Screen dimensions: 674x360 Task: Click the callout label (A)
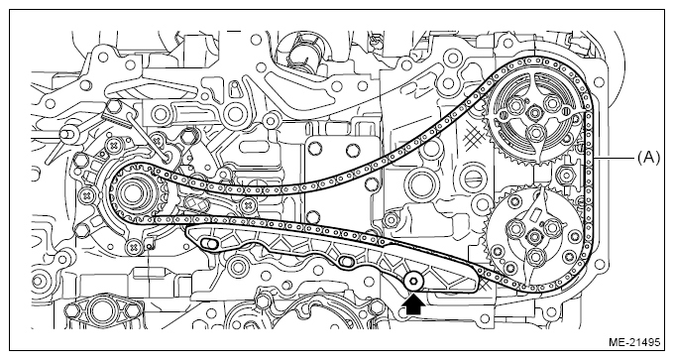coord(648,159)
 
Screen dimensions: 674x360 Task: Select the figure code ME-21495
coord(634,342)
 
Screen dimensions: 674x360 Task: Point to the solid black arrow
coord(413,304)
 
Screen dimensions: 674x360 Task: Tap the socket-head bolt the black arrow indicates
coord(413,282)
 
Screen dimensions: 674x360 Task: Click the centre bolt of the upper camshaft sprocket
coord(534,113)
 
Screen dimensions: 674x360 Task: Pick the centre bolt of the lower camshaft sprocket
coord(535,237)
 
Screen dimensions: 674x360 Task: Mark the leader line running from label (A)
coord(614,159)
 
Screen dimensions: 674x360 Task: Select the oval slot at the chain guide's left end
coord(208,244)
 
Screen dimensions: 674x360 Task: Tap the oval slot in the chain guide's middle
coord(346,261)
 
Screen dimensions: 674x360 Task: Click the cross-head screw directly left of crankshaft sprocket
coord(87,195)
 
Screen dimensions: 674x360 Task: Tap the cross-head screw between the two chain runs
coord(246,204)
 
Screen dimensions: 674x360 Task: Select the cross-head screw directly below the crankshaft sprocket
coord(134,247)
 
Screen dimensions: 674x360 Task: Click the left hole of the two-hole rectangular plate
coord(313,149)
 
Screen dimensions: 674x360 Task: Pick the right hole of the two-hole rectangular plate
coord(353,150)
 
